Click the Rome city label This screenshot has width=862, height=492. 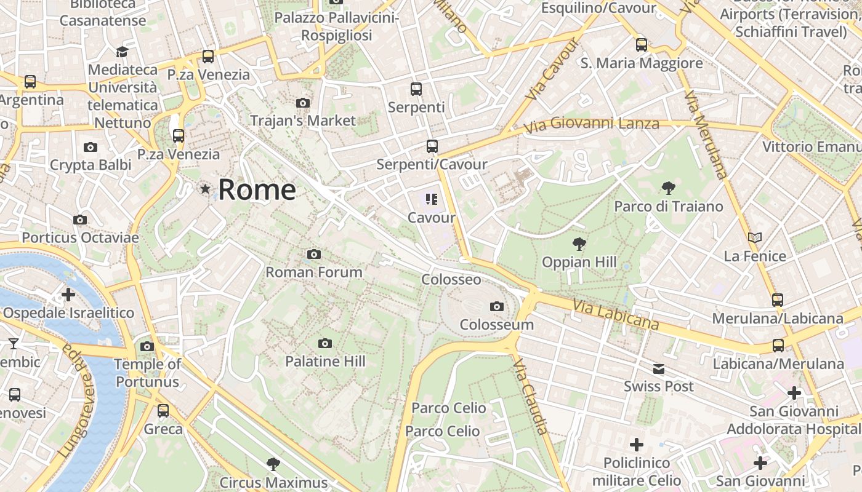tap(257, 189)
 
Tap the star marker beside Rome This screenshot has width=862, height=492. tap(205, 189)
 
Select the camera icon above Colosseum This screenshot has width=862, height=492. tap(496, 306)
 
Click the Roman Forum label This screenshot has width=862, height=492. tap(314, 272)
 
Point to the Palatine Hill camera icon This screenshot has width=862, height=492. tap(325, 343)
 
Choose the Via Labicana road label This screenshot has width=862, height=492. tap(616, 314)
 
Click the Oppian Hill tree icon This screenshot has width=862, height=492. tap(579, 244)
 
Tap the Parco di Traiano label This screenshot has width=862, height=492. tap(669, 207)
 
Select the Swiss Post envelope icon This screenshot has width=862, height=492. tap(659, 369)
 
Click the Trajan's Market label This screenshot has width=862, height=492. tap(303, 121)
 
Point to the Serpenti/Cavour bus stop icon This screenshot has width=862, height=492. tap(432, 146)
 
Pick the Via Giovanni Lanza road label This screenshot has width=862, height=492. tap(591, 125)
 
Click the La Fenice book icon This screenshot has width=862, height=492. tap(755, 237)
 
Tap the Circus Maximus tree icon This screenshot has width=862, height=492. tap(273, 464)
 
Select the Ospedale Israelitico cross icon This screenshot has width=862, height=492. tap(68, 295)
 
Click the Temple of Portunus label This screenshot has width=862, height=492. tap(148, 373)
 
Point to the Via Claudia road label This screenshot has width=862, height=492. tap(530, 397)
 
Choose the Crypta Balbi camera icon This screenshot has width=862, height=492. tap(91, 147)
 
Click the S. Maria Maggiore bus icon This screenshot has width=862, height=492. tap(642, 44)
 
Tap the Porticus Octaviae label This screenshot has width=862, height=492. tap(80, 237)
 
